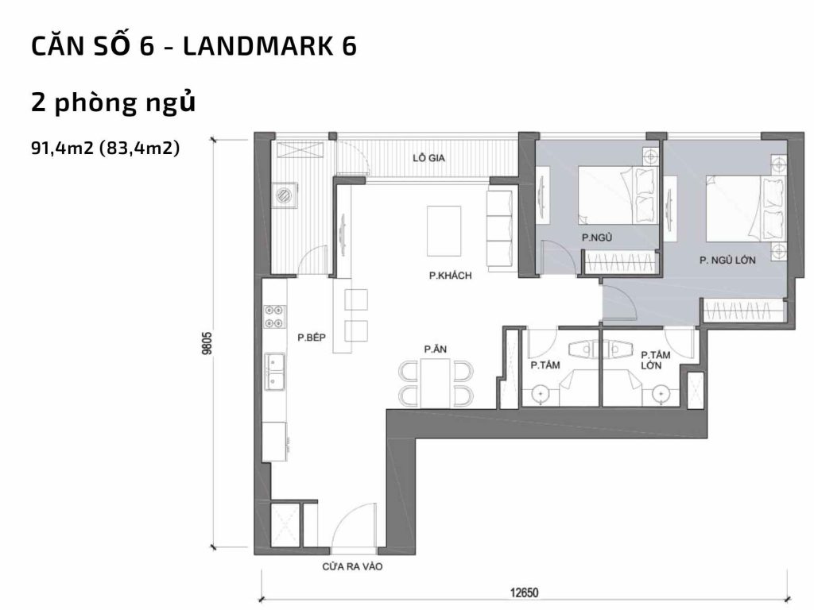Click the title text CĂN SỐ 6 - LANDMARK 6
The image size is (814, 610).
tap(193, 47)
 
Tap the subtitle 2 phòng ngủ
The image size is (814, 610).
tap(113, 102)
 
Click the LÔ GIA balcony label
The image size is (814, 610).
tap(428, 158)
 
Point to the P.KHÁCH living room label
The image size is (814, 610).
tap(450, 276)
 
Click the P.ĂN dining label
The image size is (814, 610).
tap(433, 349)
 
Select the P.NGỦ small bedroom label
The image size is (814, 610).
tap(595, 237)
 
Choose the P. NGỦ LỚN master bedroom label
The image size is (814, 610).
tap(727, 260)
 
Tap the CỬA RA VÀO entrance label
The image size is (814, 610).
tap(347, 567)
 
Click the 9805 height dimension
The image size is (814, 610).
tap(207, 344)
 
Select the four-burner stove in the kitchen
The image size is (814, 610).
tap(275, 317)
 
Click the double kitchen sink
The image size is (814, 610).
tap(276, 372)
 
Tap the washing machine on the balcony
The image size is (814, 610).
tap(284, 194)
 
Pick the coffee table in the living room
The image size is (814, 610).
tap(444, 230)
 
